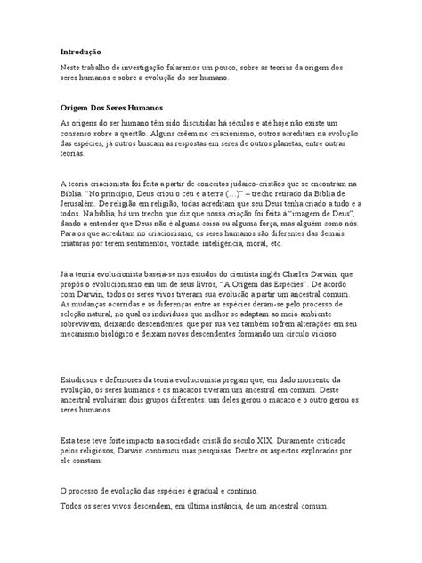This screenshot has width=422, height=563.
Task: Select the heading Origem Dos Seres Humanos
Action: click(x=116, y=107)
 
